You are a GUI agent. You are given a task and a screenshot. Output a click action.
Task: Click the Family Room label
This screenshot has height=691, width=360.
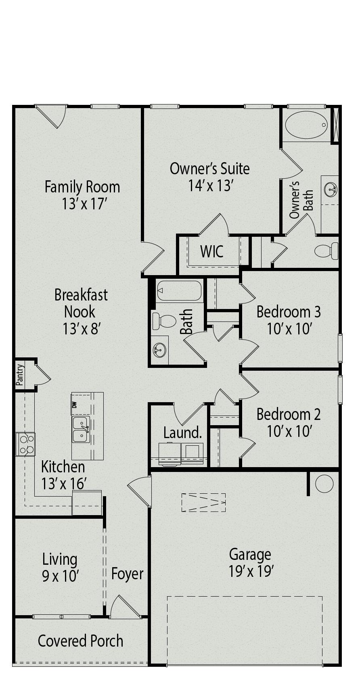[82, 187]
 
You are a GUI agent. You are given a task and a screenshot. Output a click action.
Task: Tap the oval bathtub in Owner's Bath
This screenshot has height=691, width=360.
[306, 125]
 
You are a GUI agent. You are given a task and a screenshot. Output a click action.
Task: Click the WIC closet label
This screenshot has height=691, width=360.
[212, 251]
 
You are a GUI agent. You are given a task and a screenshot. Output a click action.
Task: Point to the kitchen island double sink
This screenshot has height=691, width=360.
[81, 430]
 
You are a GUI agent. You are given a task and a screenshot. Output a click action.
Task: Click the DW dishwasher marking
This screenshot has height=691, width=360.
[74, 405]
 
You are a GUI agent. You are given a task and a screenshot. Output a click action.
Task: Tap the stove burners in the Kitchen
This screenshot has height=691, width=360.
[26, 444]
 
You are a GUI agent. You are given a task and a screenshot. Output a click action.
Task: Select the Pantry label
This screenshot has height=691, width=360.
[20, 374]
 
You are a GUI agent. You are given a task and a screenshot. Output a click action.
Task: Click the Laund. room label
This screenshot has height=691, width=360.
[182, 433]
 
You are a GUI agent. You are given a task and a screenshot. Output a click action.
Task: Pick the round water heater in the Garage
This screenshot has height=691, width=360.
[324, 484]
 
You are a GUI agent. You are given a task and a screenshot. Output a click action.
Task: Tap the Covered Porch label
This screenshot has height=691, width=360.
[80, 641]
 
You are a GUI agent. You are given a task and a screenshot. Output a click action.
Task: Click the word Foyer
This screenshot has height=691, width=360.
[127, 574]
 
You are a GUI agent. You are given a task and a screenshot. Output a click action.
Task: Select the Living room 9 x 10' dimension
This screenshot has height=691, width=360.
[60, 576]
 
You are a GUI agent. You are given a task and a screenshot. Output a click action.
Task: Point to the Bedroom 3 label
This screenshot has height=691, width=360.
[289, 311]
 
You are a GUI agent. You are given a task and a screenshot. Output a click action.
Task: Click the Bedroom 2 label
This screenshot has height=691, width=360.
[289, 414]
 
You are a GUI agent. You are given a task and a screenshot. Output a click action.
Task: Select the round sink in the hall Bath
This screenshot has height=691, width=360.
[160, 350]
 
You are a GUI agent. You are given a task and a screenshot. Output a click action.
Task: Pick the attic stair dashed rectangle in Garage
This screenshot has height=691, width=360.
[203, 502]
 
